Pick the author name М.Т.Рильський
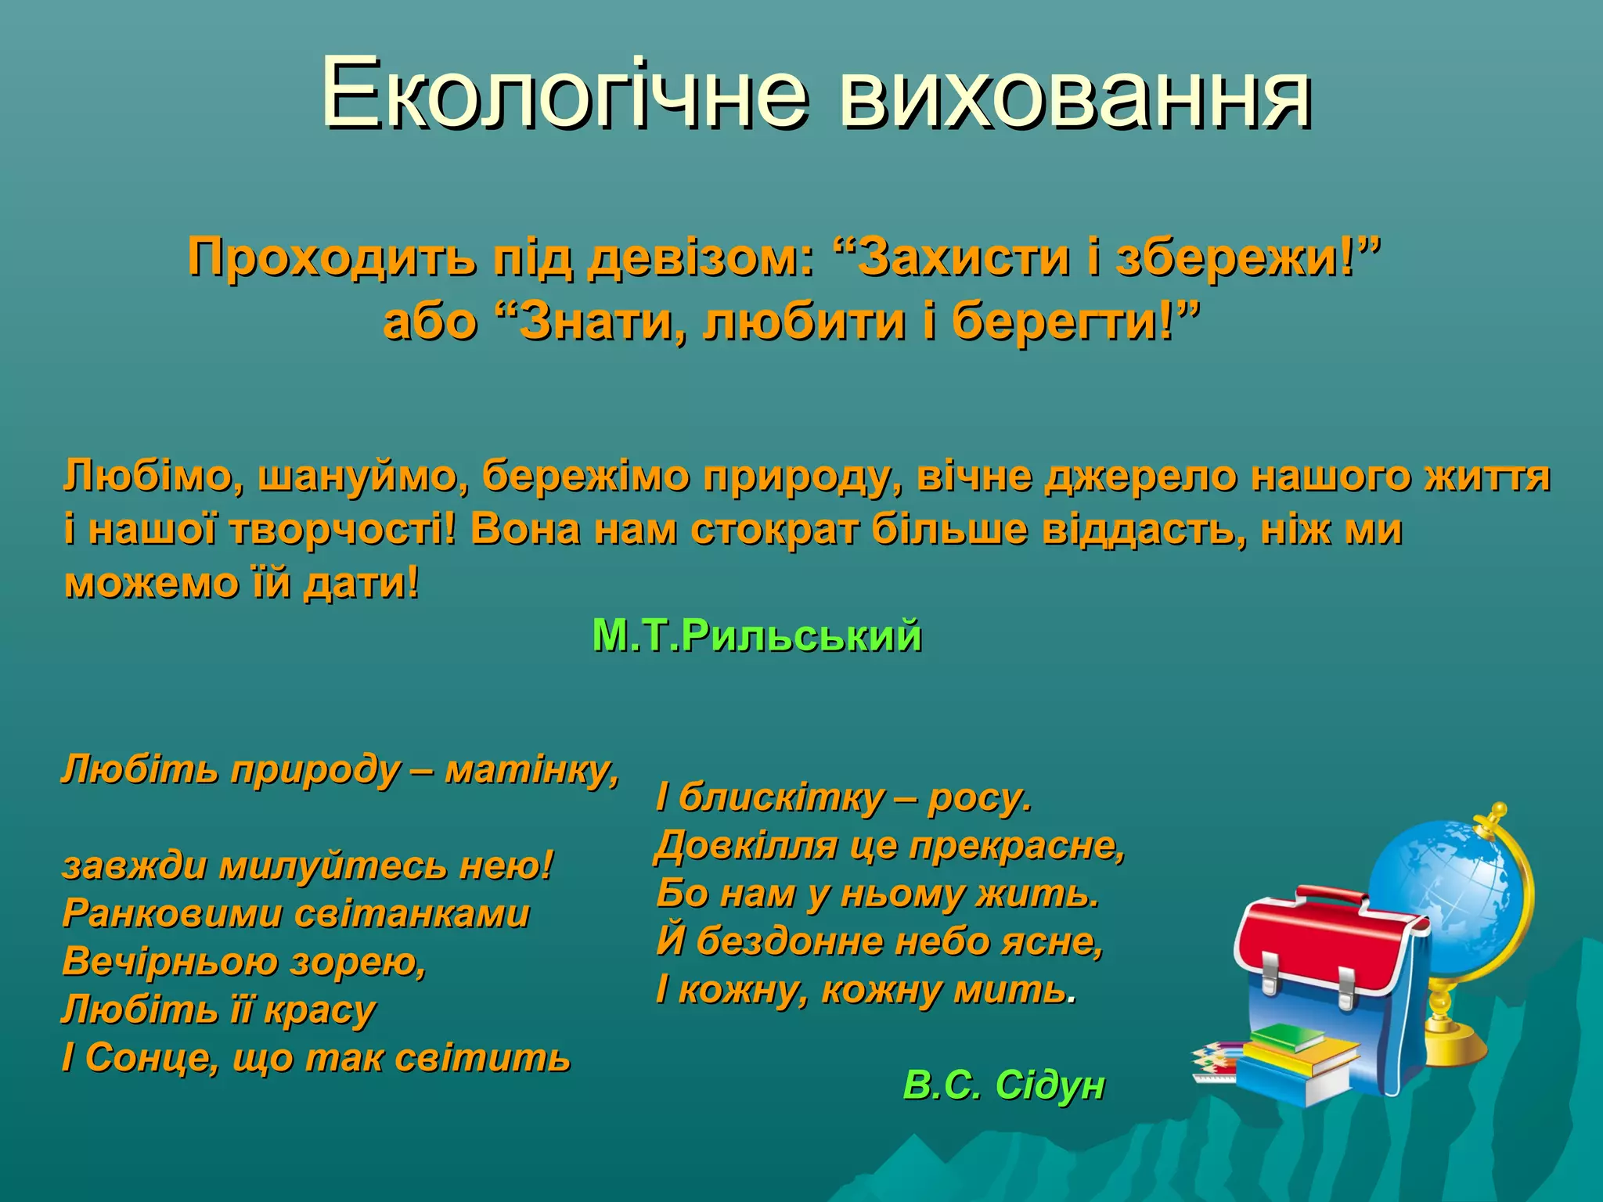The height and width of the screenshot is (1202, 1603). [756, 635]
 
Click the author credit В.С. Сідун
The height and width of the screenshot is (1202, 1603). [1003, 1085]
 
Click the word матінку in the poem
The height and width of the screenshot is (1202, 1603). [531, 770]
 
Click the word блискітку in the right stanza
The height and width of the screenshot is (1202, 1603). [783, 798]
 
